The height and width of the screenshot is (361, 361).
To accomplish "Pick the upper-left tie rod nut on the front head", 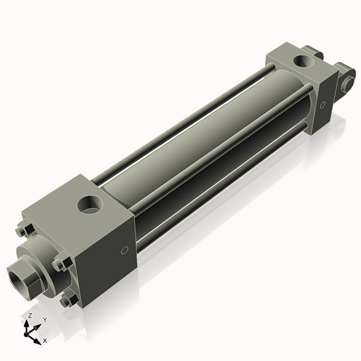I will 21,231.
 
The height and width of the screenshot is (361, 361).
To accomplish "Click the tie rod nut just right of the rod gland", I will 61,264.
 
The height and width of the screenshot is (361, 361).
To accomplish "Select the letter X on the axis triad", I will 45,339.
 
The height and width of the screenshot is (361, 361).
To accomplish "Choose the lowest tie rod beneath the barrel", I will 217,195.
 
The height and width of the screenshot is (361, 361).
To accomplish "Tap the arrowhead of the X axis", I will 37,337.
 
